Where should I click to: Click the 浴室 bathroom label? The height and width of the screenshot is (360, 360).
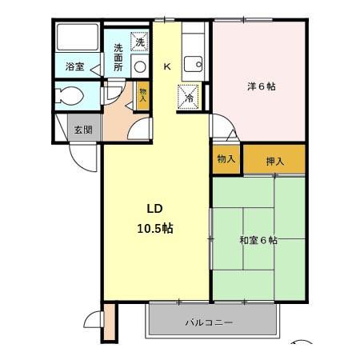(74, 68)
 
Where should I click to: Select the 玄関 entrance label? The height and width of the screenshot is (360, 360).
(83, 129)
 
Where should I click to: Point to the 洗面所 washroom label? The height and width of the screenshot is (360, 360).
(118, 58)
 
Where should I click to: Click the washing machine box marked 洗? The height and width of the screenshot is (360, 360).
(140, 42)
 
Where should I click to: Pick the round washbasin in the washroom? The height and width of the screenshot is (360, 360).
(140, 67)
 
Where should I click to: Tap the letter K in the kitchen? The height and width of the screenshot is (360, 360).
(167, 67)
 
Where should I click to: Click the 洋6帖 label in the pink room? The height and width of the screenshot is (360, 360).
(260, 86)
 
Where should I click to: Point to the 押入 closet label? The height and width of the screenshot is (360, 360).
(274, 161)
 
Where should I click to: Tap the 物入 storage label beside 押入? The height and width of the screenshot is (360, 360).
(226, 159)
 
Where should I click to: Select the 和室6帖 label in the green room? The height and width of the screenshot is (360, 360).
(258, 240)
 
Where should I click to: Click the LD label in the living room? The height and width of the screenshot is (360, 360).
(155, 210)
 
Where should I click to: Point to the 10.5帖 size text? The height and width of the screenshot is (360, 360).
(155, 229)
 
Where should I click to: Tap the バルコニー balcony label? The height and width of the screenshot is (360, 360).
(210, 323)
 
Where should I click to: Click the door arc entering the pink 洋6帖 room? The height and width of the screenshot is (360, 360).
(221, 126)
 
